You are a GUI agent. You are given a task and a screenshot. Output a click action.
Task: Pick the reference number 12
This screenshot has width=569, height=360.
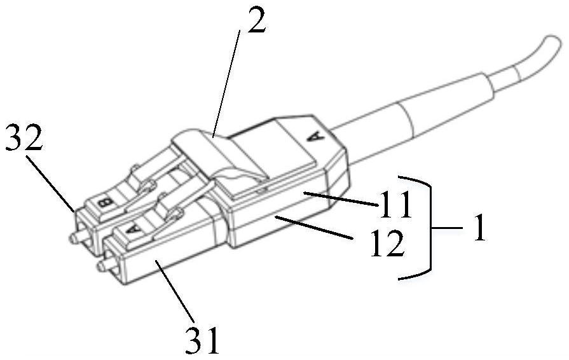(386, 244)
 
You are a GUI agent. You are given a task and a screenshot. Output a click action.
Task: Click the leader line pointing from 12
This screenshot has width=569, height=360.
(315, 228)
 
